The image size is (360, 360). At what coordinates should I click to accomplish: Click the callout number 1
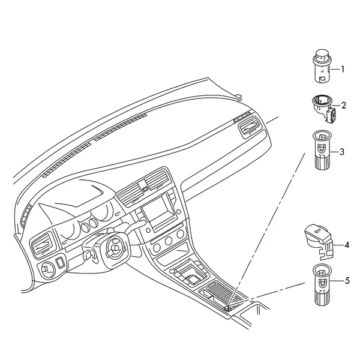[343, 69]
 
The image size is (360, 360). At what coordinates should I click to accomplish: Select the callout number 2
[343, 106]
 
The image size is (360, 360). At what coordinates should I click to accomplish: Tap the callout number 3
[342, 152]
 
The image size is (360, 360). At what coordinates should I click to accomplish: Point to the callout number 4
[347, 245]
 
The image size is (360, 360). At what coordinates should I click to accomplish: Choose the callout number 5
[347, 281]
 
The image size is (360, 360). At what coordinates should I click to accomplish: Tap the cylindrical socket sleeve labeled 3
[322, 151]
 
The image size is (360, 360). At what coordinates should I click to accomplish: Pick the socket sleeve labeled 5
[322, 284]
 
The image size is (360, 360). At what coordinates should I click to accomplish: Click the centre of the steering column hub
[115, 248]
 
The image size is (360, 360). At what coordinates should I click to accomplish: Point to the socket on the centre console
[227, 308]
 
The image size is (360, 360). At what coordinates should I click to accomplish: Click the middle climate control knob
[168, 241]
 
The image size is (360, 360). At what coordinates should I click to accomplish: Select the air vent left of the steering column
[43, 245]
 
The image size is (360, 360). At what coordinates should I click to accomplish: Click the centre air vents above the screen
[144, 186]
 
